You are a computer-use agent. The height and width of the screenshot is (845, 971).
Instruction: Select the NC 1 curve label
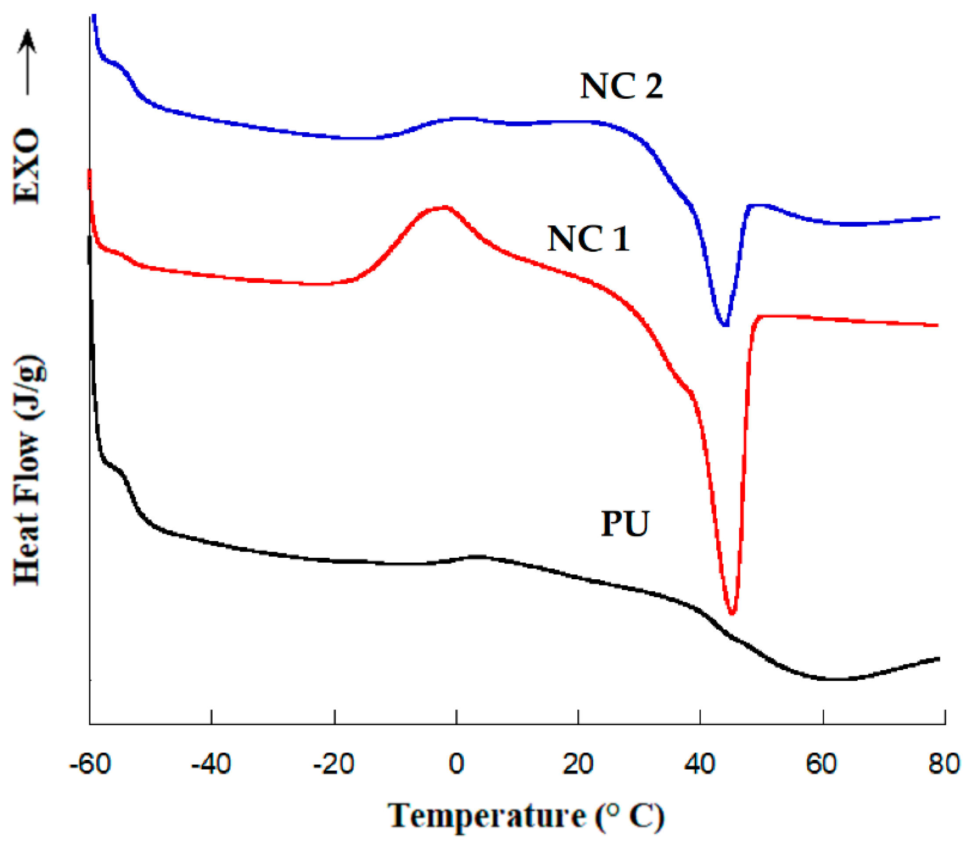coord(588,238)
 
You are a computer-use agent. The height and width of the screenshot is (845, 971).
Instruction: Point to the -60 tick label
coord(90,764)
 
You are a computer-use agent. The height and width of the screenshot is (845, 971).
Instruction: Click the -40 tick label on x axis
coord(211,764)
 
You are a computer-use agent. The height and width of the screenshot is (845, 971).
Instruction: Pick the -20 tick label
coord(333,764)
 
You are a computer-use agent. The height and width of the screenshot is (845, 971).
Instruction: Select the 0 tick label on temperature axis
coord(456,764)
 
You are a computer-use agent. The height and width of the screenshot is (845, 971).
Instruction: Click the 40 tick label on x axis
coord(700,764)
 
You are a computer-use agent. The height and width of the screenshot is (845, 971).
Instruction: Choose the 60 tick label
coord(822,764)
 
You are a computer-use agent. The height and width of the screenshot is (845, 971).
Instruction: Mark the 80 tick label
coord(944,764)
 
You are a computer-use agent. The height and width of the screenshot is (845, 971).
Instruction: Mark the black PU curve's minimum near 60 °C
coord(832,679)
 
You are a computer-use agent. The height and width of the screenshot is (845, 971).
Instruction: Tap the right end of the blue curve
coord(939,217)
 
